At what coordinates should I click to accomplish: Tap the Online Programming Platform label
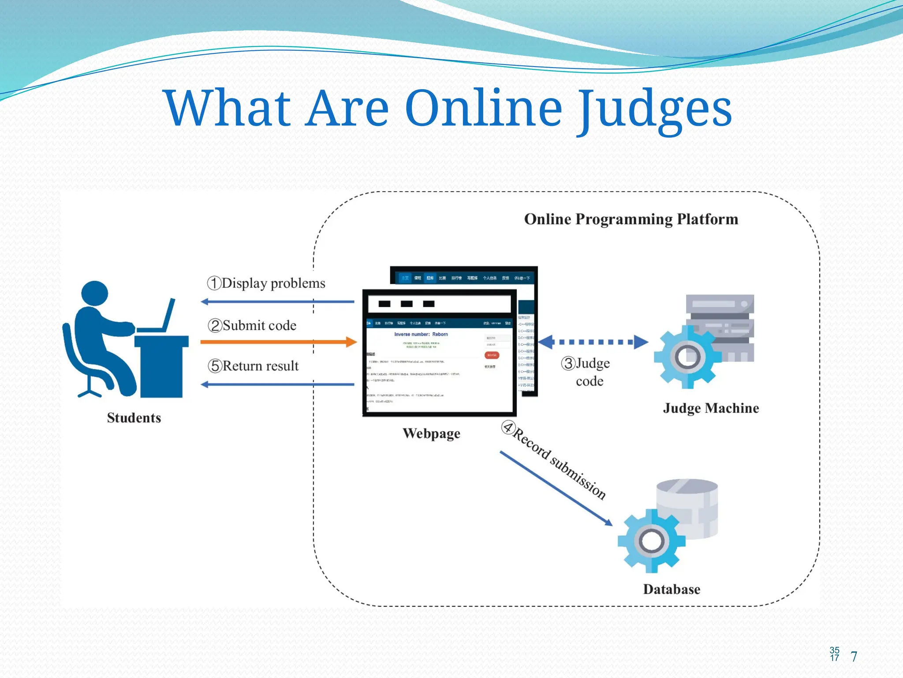click(x=631, y=219)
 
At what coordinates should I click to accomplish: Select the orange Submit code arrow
click(x=278, y=342)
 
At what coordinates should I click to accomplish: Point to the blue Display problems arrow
click(x=278, y=302)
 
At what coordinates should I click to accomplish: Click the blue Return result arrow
click(x=278, y=384)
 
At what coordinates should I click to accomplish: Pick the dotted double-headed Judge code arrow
click(x=593, y=342)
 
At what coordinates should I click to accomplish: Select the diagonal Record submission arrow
click(x=556, y=488)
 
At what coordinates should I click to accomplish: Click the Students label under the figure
click(x=134, y=418)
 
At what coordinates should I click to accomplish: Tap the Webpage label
click(x=431, y=433)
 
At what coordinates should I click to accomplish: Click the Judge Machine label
click(x=711, y=408)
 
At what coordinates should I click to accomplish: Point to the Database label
click(x=672, y=590)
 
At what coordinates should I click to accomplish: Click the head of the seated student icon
click(x=95, y=294)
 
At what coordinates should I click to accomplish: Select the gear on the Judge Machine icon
click(x=687, y=357)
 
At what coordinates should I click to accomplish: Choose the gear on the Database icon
click(x=651, y=541)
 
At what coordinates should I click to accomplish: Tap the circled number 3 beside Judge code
click(x=568, y=364)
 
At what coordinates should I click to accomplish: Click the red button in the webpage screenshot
click(x=492, y=355)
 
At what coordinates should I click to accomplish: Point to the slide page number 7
click(x=854, y=657)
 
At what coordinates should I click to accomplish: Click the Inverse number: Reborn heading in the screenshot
click(x=421, y=335)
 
